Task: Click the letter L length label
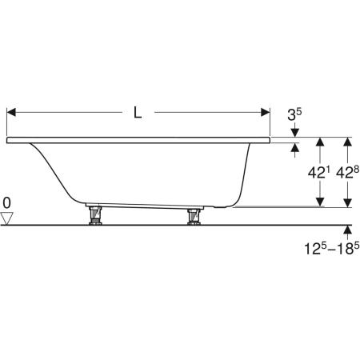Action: [138, 112]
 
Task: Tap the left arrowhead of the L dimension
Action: [11, 112]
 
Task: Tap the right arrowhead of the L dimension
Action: [266, 112]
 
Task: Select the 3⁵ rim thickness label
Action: [294, 114]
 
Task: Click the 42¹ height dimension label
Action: [318, 173]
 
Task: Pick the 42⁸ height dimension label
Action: [347, 173]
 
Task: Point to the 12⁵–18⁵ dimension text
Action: [332, 248]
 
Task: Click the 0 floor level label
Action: [6, 203]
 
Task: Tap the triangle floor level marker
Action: [6, 218]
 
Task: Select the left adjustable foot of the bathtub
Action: [95, 215]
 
